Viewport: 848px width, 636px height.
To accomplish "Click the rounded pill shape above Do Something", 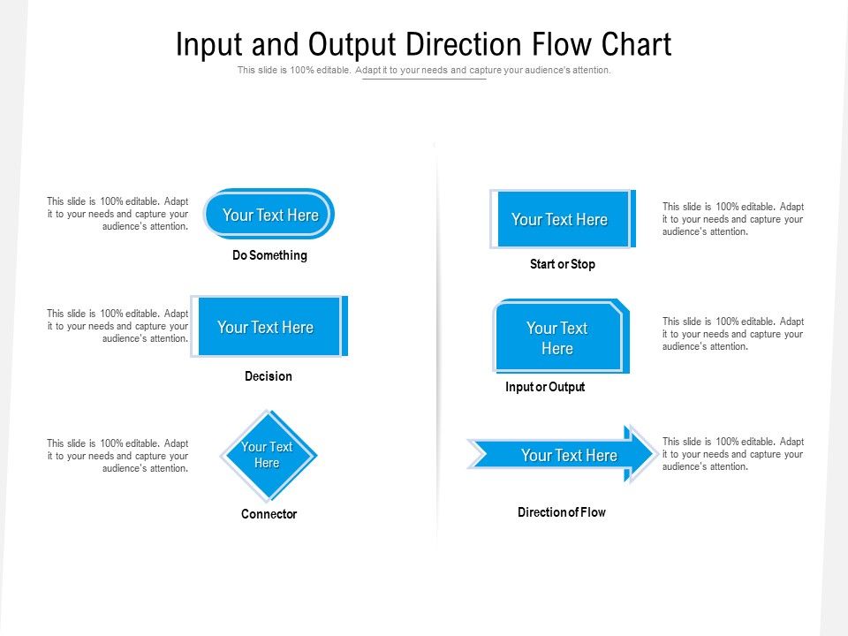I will click(x=269, y=214).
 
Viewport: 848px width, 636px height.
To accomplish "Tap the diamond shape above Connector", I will click(x=268, y=455).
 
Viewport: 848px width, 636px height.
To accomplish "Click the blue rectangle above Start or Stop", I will click(x=561, y=219).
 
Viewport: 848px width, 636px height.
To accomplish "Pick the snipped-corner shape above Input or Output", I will click(x=559, y=337).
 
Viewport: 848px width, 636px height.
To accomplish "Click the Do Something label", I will click(x=269, y=255).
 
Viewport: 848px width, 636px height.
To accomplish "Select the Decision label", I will click(x=268, y=376).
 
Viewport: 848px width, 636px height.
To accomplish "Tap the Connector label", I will click(x=269, y=514).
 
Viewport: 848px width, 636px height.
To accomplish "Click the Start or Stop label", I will click(x=562, y=264).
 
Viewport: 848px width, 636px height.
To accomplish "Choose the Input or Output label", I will click(x=545, y=387).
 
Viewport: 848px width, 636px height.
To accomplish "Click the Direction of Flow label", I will click(x=561, y=512).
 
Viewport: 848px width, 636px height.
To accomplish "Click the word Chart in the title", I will click(x=636, y=44).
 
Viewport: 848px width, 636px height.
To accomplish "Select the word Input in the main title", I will click(x=209, y=44).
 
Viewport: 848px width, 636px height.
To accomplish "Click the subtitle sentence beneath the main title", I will click(x=424, y=70).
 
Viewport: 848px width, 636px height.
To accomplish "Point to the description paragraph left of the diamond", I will click(x=117, y=456).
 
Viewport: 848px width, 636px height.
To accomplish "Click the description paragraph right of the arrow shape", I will click(x=733, y=454).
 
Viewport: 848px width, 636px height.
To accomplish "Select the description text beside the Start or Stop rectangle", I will click(x=733, y=219).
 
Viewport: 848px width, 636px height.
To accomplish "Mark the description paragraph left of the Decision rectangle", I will click(x=117, y=326).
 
